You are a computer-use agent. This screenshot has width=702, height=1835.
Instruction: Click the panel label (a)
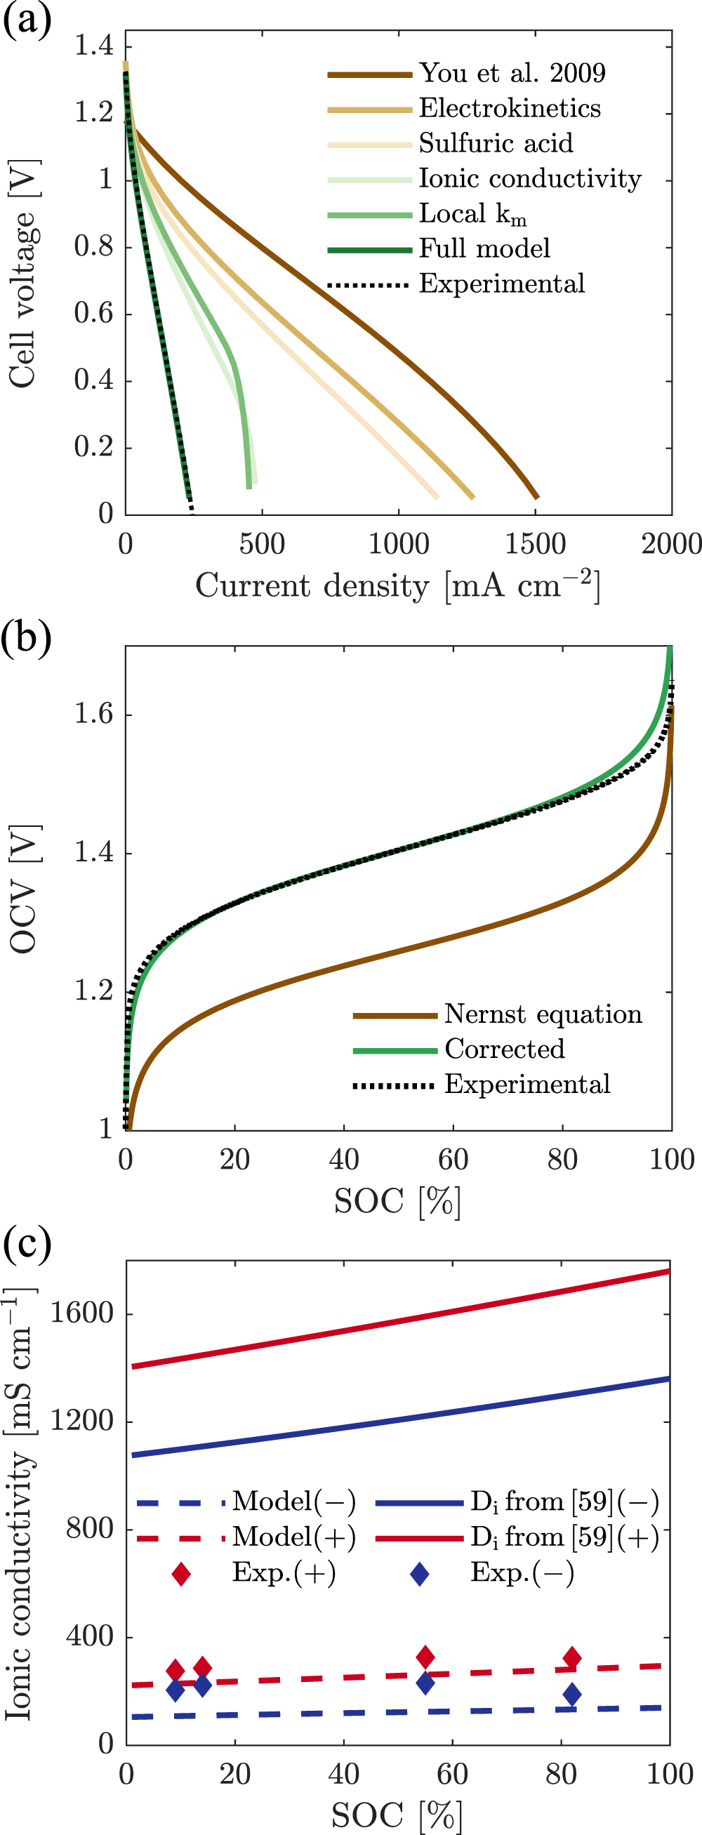[27, 19]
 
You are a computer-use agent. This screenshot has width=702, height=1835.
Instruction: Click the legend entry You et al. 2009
[511, 74]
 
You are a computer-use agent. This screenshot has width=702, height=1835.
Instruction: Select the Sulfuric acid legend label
[496, 143]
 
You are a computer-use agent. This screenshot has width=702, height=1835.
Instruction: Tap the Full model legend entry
[484, 249]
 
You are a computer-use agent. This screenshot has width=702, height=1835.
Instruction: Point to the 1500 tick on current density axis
[535, 544]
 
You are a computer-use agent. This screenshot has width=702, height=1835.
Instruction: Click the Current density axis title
[397, 585]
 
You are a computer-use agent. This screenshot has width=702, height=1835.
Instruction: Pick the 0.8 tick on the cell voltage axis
[94, 246]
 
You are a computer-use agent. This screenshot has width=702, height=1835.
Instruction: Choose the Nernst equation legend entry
[543, 1014]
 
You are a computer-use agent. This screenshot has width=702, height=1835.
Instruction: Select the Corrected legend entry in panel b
[504, 1049]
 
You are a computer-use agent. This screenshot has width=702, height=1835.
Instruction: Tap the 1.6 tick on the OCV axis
[94, 714]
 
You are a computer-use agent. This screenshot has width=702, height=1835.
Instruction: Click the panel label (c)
[27, 1244]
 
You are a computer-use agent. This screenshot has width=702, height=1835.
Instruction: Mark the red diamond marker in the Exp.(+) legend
[181, 1574]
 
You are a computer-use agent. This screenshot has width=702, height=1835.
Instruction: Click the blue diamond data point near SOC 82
[571, 1695]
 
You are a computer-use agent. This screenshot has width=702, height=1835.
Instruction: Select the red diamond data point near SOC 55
[425, 1657]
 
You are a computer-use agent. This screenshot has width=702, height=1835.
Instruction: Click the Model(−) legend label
[293, 1502]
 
